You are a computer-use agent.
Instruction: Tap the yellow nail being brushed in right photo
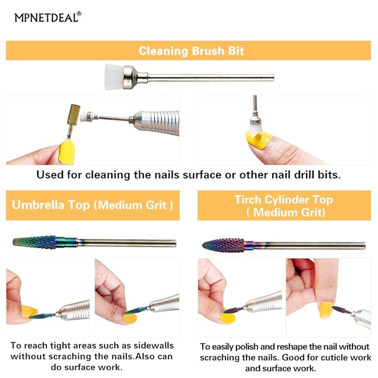(257, 138)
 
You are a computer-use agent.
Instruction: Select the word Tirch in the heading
(248, 199)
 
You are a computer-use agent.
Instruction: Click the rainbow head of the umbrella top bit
(35, 242)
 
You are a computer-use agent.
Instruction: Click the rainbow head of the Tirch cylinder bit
(223, 245)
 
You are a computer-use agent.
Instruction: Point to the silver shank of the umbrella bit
(128, 243)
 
